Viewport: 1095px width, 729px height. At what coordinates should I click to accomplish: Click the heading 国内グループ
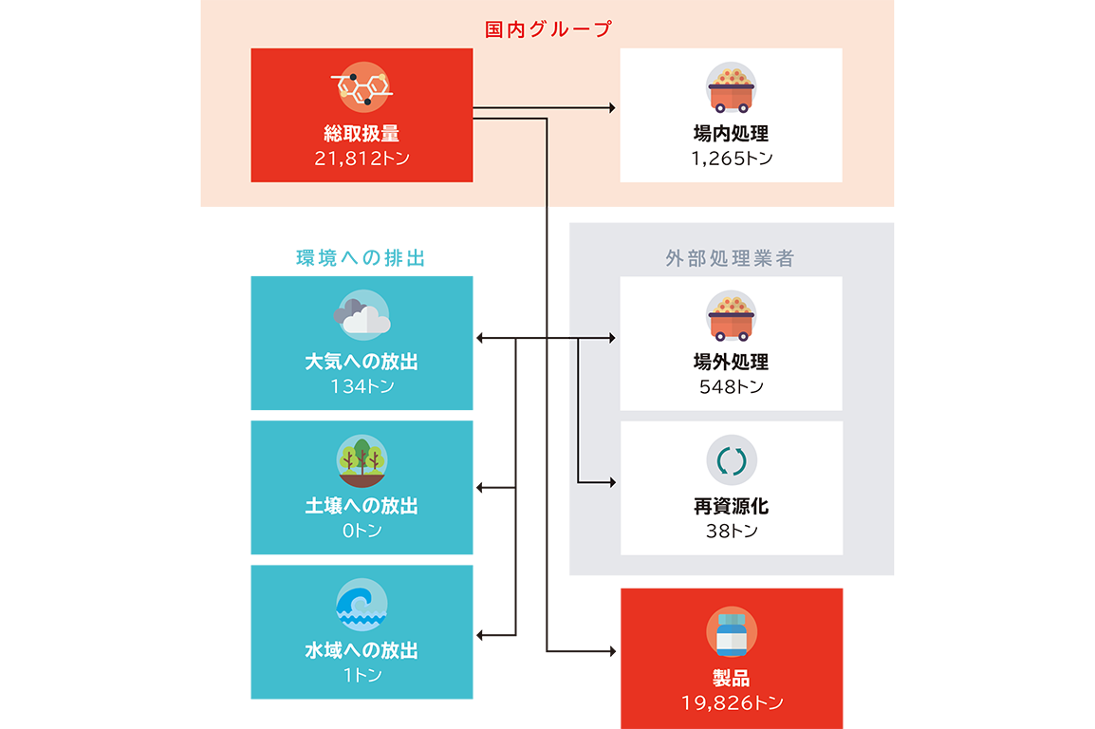point(548,29)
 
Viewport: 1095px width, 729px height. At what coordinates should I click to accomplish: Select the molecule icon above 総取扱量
point(362,87)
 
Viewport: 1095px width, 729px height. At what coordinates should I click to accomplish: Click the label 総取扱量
point(362,134)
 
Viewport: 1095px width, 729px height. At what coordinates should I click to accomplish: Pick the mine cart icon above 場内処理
point(731,87)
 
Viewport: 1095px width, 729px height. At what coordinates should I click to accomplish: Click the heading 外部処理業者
point(730,259)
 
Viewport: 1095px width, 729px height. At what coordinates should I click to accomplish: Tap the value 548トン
point(731,386)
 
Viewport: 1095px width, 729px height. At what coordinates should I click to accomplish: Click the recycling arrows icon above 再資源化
point(732,460)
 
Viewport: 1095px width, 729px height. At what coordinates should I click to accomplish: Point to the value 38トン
point(732,532)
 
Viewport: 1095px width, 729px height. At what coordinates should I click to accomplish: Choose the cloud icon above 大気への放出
point(362,317)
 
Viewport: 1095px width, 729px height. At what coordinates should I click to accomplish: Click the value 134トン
point(362,386)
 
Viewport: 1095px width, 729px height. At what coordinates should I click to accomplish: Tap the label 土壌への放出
point(362,506)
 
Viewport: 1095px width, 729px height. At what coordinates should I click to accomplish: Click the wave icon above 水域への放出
point(362,605)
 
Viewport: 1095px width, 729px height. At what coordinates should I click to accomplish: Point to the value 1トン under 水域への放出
point(362,676)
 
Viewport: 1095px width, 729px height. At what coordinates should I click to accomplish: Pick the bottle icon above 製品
point(732,632)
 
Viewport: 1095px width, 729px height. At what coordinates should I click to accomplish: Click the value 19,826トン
point(732,703)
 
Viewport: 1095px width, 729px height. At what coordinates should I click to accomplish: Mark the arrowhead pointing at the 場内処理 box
point(612,108)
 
